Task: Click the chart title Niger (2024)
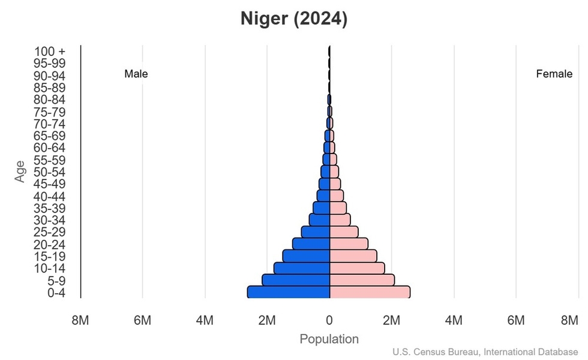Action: pos(294,19)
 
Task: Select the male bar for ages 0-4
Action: pos(289,292)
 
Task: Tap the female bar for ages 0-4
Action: pos(370,292)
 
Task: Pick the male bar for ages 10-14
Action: pos(302,268)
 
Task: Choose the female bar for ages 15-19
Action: pos(353,256)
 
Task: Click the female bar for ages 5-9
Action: pos(362,280)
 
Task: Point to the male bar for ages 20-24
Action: pos(311,244)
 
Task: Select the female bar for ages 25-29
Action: pos(344,232)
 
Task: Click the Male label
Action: pos(136,74)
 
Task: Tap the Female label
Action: pos(554,74)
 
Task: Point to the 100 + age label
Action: pos(50,52)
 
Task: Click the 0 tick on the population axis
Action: pos(329,321)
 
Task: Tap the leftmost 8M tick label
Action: pos(80,321)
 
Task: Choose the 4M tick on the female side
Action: pos(454,321)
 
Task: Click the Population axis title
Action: pos(329,340)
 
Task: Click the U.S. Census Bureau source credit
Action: pos(486,352)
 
